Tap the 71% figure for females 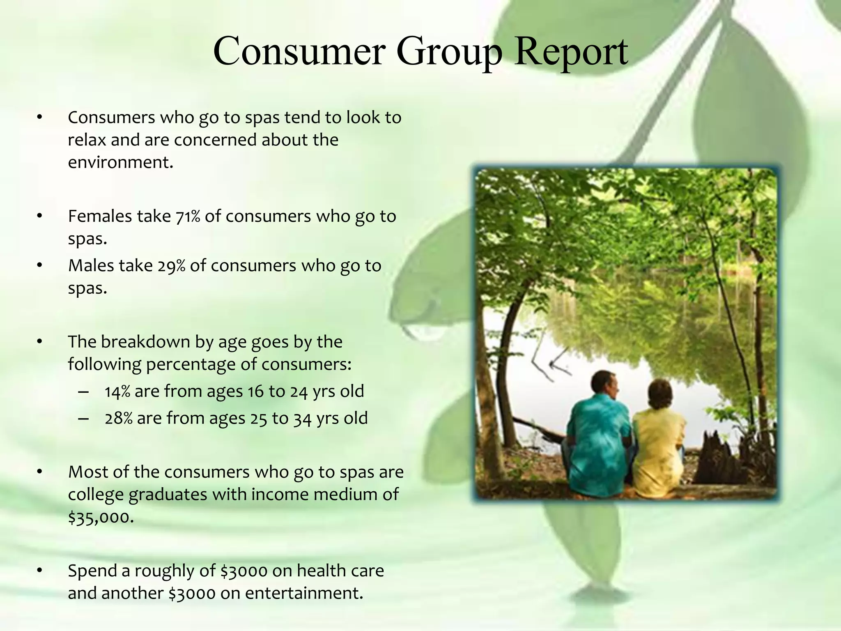click(x=188, y=216)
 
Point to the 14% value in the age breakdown click(x=117, y=391)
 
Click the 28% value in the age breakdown click(x=119, y=418)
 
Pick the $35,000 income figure click(x=101, y=517)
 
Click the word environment click(x=120, y=163)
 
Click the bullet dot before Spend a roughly click(x=39, y=571)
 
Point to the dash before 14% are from click(x=83, y=391)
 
